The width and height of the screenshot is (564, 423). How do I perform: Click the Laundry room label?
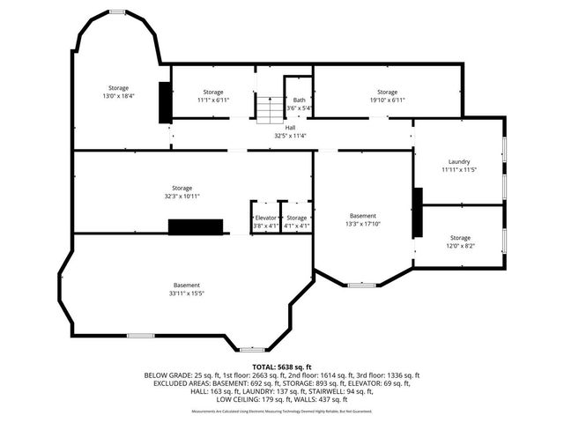coord(458,161)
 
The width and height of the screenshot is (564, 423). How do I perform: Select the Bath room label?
coord(299,100)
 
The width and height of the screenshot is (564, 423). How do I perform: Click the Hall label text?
coord(290,128)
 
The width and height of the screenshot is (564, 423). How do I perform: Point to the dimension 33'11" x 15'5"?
coord(186,293)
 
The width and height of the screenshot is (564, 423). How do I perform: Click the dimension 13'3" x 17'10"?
coord(362,224)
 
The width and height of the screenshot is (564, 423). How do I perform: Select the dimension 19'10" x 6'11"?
coord(387,100)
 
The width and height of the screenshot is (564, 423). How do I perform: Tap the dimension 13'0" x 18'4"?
coord(118,95)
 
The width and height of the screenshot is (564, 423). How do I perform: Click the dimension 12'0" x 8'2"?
coord(460,246)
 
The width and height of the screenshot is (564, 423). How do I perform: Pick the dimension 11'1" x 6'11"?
coord(212,100)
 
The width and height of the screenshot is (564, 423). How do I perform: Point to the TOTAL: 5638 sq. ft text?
coord(281,366)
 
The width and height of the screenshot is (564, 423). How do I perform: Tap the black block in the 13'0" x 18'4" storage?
coord(164,102)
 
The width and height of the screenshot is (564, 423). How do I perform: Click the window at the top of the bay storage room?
coord(117,11)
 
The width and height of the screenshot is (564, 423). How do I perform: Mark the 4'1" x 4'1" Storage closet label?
coord(297,218)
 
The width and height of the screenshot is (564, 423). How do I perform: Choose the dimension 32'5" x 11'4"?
coord(290,136)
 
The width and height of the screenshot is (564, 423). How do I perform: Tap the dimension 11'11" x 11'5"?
coord(458,169)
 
